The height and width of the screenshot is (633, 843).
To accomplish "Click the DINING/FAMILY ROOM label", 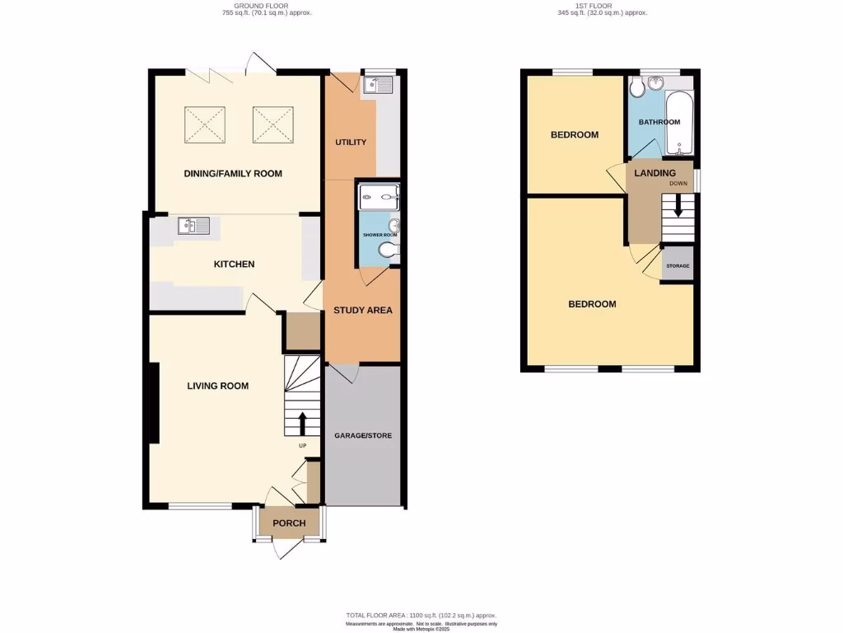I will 234,173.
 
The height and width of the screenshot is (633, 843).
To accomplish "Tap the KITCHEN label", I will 234,264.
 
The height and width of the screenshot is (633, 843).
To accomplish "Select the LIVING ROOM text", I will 217,386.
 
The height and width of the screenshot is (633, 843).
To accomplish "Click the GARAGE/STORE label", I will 363,434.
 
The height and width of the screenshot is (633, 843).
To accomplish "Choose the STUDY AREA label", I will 363,311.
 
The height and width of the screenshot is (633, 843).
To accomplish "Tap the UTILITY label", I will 350,143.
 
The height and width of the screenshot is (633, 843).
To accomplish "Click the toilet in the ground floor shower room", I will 387,251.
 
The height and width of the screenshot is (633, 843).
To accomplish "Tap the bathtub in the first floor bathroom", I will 681,124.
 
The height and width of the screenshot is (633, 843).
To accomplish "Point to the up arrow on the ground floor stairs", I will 300,423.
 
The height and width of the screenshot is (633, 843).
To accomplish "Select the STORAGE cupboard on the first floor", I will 678,266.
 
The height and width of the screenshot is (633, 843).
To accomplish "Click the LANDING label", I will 654,173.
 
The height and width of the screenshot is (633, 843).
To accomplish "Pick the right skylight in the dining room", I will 272,124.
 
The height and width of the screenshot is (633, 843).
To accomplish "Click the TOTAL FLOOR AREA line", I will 421,616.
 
